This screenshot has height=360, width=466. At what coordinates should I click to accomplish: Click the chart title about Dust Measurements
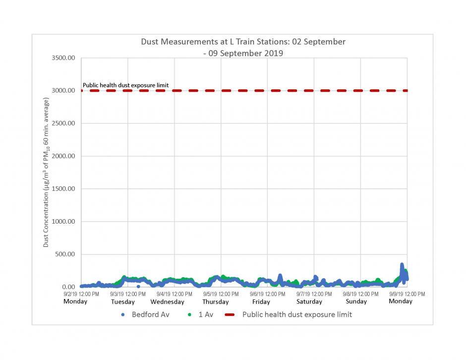(x=243, y=47)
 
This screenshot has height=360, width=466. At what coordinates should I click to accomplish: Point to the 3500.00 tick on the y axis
(x=63, y=58)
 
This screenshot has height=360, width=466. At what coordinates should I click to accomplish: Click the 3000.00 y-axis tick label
(x=63, y=91)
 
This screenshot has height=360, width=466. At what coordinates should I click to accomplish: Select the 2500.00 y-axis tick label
(x=63, y=123)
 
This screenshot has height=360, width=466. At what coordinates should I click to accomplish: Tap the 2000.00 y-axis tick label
(x=63, y=156)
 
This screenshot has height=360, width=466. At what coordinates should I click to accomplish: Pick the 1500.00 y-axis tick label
(x=63, y=189)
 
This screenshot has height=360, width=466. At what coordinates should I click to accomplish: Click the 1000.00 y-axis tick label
(x=63, y=222)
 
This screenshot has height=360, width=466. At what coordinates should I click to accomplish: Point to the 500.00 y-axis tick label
(x=64, y=254)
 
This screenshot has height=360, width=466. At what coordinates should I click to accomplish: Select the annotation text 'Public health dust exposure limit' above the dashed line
(x=125, y=85)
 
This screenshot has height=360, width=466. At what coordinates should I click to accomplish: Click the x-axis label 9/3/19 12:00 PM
(x=128, y=294)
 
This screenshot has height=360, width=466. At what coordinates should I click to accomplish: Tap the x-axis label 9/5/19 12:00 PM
(x=221, y=294)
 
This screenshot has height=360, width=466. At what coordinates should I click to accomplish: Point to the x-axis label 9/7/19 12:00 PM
(x=314, y=294)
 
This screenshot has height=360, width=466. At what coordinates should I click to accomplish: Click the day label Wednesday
(x=167, y=302)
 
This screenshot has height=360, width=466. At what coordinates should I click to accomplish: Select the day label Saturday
(x=310, y=302)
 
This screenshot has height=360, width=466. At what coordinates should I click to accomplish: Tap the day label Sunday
(x=356, y=301)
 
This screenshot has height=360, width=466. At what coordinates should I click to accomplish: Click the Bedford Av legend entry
(x=146, y=314)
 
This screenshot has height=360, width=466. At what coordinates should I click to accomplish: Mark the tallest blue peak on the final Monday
(x=402, y=265)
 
